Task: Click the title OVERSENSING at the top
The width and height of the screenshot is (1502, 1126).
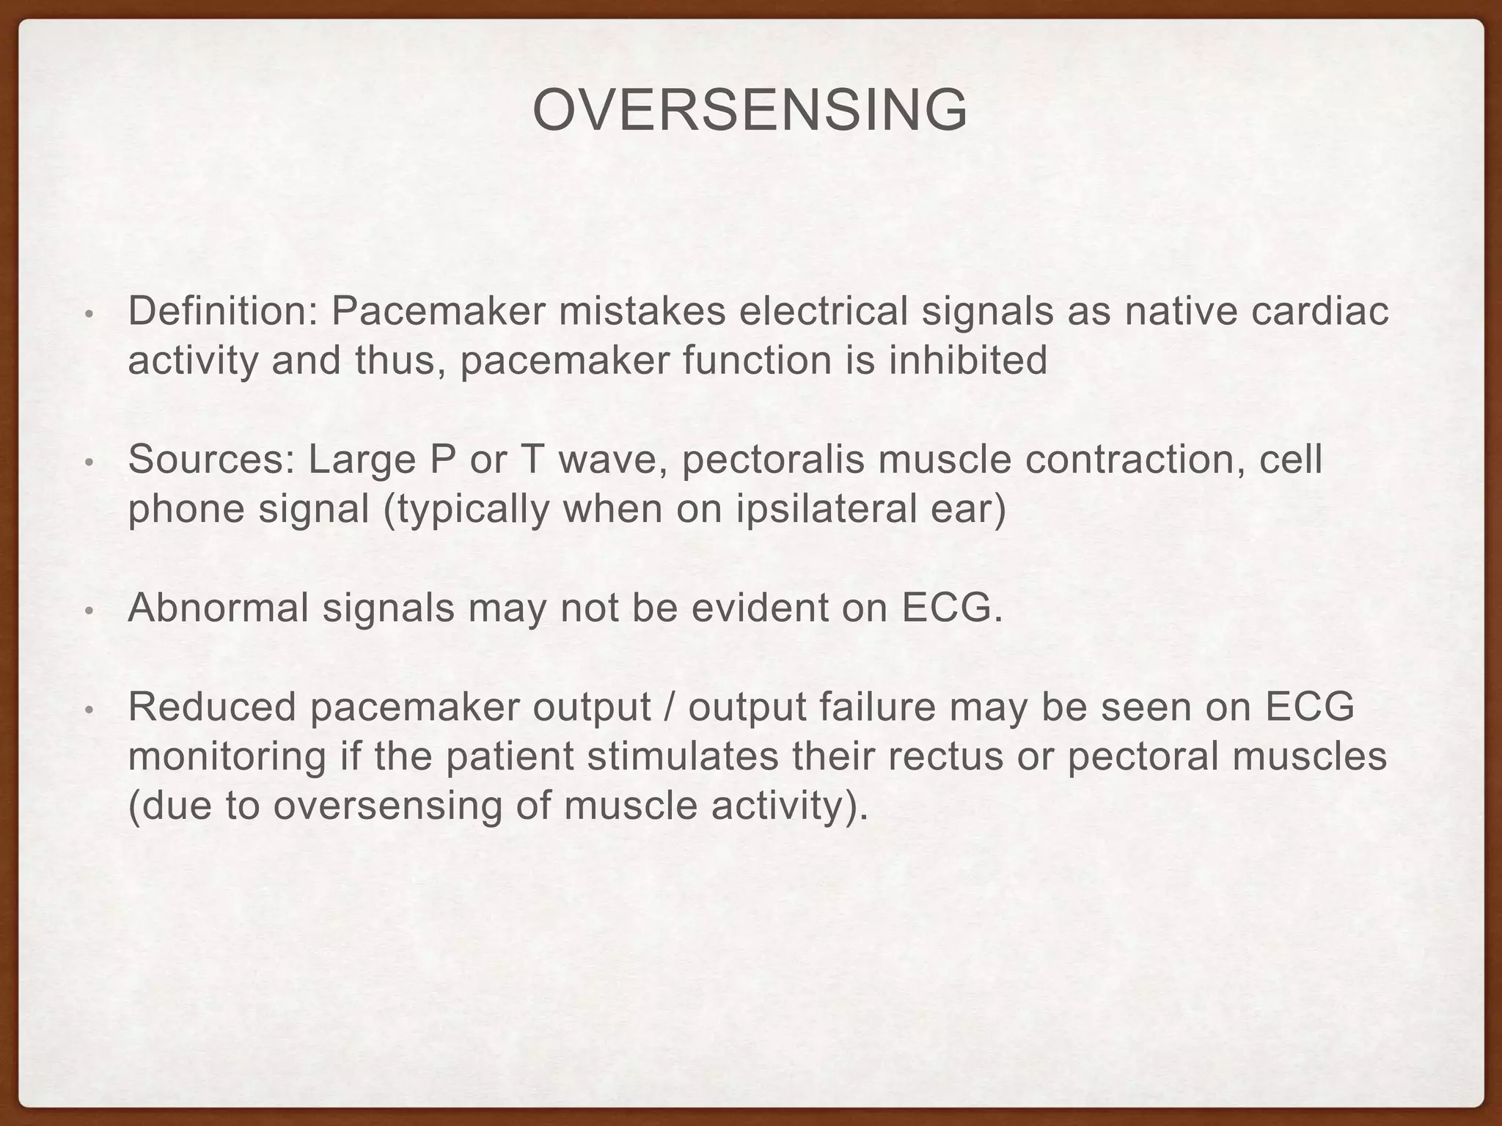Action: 750,111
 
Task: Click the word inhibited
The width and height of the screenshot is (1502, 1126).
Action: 968,360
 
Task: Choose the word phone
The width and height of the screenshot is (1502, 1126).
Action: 186,509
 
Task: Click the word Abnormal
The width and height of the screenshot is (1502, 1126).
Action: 218,608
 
